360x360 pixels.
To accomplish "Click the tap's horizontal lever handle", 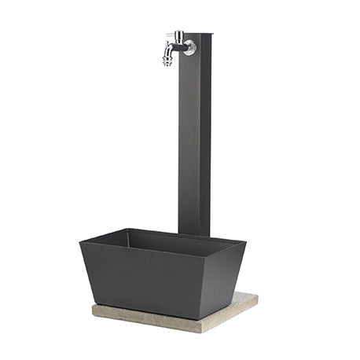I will (x=172, y=36).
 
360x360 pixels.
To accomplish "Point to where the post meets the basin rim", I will (x=193, y=233).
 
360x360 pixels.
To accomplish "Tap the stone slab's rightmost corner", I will (x=257, y=296).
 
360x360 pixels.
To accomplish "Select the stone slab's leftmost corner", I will (x=93, y=308).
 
